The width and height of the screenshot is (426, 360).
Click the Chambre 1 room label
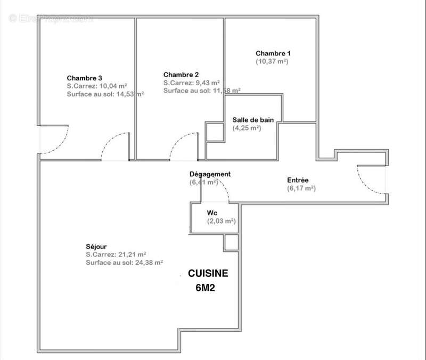coord(273,53)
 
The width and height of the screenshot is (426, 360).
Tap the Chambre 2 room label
coord(181,75)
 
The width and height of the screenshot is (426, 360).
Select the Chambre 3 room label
coord(85,78)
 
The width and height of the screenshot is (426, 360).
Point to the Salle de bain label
coord(253,120)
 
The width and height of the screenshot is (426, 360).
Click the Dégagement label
coord(210,174)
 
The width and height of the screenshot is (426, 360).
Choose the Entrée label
coord(298,181)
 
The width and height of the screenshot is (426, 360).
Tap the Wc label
coord(212,213)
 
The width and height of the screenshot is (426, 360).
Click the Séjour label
coord(96,247)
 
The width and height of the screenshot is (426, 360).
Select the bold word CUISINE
coord(208,273)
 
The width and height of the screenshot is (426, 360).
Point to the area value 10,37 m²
coord(272,62)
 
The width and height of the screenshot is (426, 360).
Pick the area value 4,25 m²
coord(247,128)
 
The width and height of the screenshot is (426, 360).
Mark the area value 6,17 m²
coord(301,189)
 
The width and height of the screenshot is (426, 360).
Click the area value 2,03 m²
coord(221,221)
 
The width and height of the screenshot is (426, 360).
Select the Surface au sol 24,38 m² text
coord(124,263)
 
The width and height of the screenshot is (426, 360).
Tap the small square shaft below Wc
coord(231,243)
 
